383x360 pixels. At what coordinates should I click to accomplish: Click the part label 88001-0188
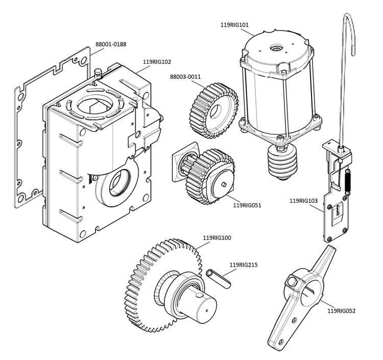pyautogui.click(x=115, y=44)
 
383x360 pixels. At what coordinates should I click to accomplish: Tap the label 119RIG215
pyautogui.click(x=244, y=265)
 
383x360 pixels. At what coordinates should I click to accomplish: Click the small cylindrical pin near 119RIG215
pyautogui.click(x=220, y=278)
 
